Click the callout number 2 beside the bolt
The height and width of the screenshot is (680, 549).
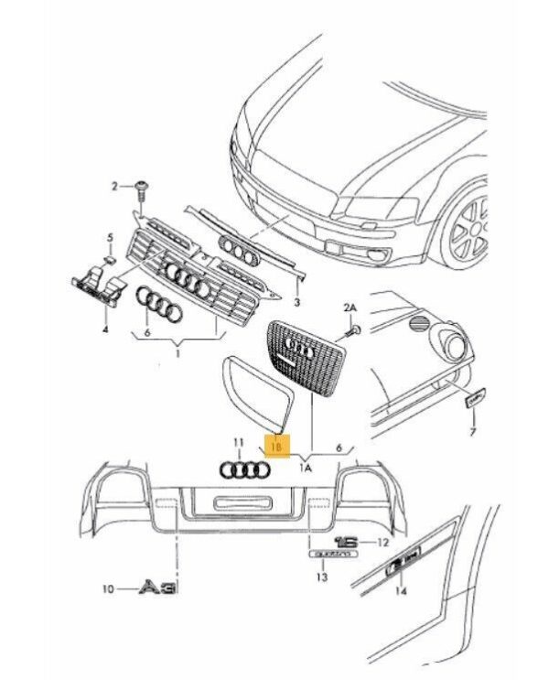pyautogui.click(x=116, y=187)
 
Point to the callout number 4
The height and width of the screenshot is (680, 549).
pyautogui.click(x=104, y=328)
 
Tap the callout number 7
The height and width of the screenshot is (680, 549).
pyautogui.click(x=473, y=430)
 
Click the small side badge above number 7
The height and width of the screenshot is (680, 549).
pyautogui.click(x=474, y=397)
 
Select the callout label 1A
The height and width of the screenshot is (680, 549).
pyautogui.click(x=307, y=466)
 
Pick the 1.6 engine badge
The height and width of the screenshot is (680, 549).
pyautogui.click(x=349, y=542)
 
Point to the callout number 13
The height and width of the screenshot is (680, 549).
pyautogui.click(x=321, y=577)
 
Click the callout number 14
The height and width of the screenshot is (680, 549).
pyautogui.click(x=399, y=592)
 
